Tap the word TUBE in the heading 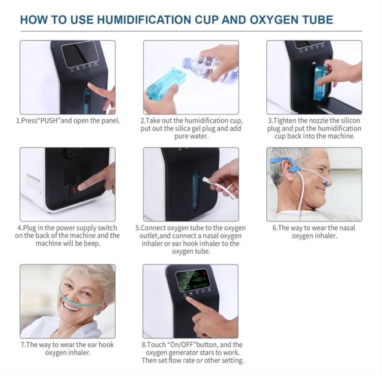pos(316,20)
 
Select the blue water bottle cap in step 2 pos(187,63)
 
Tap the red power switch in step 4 pos(74,190)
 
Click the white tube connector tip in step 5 pos(205,180)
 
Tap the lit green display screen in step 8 pos(192,281)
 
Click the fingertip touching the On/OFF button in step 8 pos(188,298)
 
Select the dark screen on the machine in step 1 pos(80,54)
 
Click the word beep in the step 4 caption pos(92,244)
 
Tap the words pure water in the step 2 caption pos(192,136)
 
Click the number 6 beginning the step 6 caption pos(275,228)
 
